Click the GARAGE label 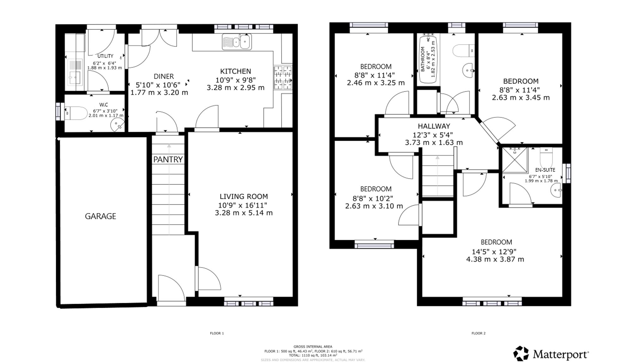click(x=100, y=216)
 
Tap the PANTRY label click(x=168, y=159)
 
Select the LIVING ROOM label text click(x=244, y=196)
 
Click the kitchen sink click(x=237, y=42)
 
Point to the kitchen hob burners click(x=283, y=78)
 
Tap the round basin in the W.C click(x=117, y=125)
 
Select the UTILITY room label click(x=105, y=56)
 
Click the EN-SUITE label click(x=545, y=170)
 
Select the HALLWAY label click(x=434, y=126)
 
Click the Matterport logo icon click(x=521, y=354)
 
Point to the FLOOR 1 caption click(x=217, y=333)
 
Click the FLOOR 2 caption click(x=478, y=333)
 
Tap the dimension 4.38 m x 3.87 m click(x=495, y=259)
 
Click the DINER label click(x=164, y=76)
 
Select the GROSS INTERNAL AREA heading click(x=313, y=347)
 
